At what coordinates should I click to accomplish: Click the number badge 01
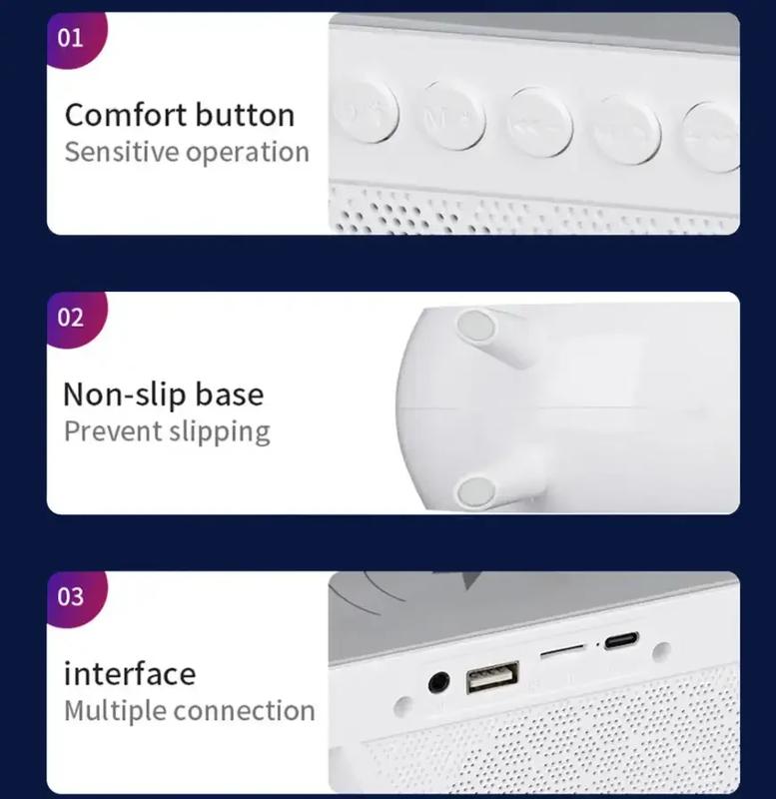pyautogui.click(x=74, y=39)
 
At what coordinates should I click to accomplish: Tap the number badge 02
pyautogui.click(x=74, y=319)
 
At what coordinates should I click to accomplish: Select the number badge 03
pyautogui.click(x=74, y=597)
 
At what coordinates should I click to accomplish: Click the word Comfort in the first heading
pyautogui.click(x=126, y=115)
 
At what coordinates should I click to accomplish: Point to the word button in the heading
pyautogui.click(x=246, y=115)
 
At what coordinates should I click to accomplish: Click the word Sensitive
pyautogui.click(x=122, y=152)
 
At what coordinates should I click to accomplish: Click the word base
pyautogui.click(x=230, y=395)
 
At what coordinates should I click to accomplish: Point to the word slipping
pyautogui.click(x=220, y=432)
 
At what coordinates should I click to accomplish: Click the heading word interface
pyautogui.click(x=130, y=673)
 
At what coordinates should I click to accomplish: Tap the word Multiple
pyautogui.click(x=115, y=712)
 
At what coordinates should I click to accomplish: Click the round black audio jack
pyautogui.click(x=438, y=682)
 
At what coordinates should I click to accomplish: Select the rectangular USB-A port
pyautogui.click(x=492, y=677)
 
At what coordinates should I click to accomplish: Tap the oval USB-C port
pyautogui.click(x=621, y=640)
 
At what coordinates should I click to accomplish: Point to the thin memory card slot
pyautogui.click(x=562, y=650)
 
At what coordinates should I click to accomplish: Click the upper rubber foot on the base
pyautogui.click(x=476, y=326)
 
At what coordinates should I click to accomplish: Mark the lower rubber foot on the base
pyautogui.click(x=476, y=491)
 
